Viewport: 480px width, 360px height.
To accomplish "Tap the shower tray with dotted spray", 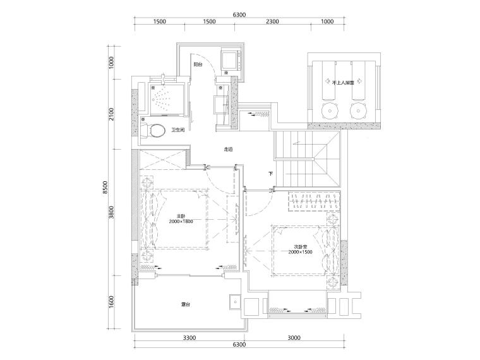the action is [167, 99].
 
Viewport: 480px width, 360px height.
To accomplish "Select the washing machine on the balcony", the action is [231, 60].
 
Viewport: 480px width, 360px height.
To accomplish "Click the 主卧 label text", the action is [181, 216].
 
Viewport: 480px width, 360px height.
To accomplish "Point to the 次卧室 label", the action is [300, 247].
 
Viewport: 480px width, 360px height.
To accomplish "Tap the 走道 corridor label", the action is [229, 150].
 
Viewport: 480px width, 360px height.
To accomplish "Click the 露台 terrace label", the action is [186, 304].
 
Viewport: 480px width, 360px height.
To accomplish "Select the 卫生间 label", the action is [178, 130].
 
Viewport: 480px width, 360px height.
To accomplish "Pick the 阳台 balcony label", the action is [198, 64].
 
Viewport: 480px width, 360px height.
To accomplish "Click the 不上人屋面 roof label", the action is [343, 82].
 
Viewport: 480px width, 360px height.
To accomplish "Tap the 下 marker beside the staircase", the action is [270, 174].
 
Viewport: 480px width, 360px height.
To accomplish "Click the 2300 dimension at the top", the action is [272, 21].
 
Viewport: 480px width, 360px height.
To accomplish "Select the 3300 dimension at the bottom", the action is [189, 338].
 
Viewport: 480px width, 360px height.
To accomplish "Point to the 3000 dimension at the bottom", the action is [294, 338].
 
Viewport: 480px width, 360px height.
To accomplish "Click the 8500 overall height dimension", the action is [105, 188].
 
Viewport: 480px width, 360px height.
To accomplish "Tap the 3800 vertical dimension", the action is [111, 212].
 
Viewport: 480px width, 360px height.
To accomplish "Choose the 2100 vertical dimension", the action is [111, 114].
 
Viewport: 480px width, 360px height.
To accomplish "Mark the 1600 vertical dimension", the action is [111, 302].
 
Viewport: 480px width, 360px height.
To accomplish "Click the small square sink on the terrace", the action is [235, 303].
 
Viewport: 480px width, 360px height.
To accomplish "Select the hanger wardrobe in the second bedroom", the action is [314, 201].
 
